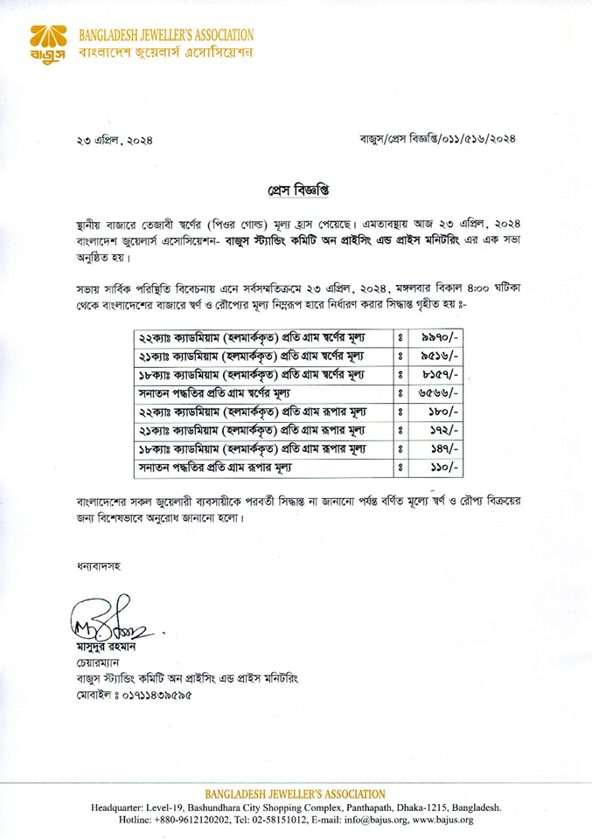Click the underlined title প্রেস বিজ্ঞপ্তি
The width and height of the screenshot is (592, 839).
[x=296, y=189]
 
